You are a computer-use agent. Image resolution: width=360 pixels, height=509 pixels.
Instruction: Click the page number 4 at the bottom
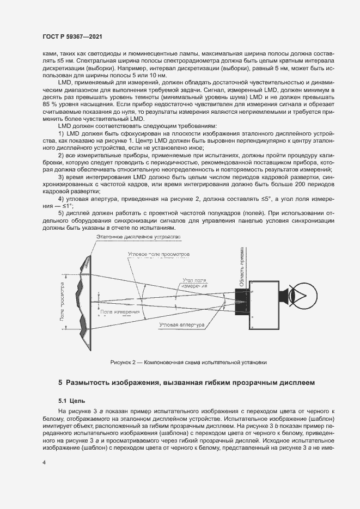click(44, 462)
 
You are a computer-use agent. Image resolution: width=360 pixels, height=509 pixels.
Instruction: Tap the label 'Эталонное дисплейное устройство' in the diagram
click(137, 237)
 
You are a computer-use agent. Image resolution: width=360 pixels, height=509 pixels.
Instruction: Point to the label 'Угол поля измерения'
click(194, 283)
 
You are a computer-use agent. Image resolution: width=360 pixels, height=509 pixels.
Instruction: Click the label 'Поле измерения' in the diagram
click(119, 311)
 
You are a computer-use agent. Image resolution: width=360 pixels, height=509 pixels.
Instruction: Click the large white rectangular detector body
click(265, 304)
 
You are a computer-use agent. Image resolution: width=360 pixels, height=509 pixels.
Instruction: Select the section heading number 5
click(61, 383)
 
